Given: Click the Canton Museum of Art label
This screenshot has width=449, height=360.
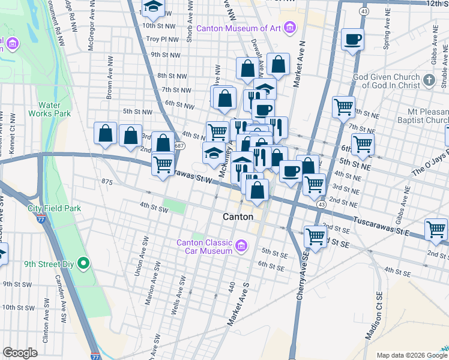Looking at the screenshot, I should click(240, 28).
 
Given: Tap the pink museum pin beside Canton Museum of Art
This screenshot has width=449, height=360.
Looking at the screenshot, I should click(291, 27).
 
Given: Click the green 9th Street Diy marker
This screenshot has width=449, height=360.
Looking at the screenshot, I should click(85, 262).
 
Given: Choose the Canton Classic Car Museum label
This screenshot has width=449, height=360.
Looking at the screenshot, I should click(204, 247).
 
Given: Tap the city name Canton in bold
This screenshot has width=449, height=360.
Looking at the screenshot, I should click(237, 217).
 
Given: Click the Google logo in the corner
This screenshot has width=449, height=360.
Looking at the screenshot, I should click(20, 353).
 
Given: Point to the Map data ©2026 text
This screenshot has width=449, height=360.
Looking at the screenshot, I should click(402, 355).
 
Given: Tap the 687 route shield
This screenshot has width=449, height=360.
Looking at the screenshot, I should click(179, 146).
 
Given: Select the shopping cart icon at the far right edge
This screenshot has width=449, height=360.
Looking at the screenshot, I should click(436, 229).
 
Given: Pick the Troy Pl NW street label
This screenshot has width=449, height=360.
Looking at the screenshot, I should click(166, 39).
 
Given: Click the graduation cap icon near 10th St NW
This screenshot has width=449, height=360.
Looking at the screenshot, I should click(153, 7).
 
